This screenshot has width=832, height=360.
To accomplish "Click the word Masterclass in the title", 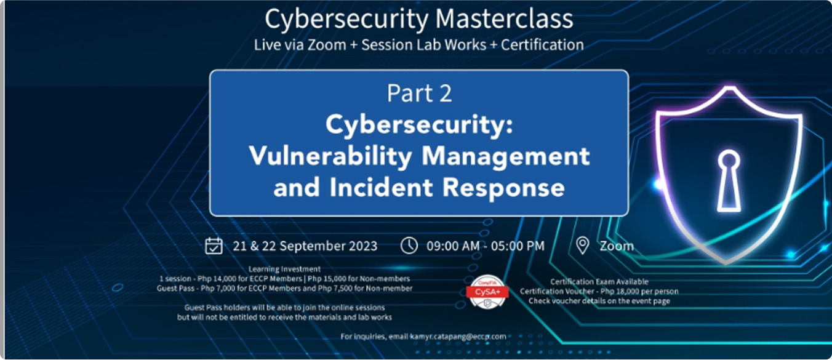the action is (x=504, y=18).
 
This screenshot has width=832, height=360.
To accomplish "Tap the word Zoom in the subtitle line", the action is (x=327, y=45).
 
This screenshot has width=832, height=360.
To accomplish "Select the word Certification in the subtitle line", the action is (x=542, y=45).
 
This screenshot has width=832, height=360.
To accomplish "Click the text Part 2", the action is (x=419, y=93).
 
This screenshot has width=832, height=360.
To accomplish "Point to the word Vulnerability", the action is (x=330, y=156).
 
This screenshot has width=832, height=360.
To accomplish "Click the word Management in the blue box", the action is (x=505, y=157).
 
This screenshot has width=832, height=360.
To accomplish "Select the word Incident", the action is (x=381, y=187).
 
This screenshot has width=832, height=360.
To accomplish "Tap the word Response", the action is (x=503, y=188).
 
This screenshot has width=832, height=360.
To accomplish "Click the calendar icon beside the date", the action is (x=214, y=246).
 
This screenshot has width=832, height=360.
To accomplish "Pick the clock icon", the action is (x=409, y=246).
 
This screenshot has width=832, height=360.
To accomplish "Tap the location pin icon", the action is (x=582, y=246).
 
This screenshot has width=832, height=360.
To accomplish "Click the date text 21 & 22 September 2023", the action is (x=305, y=246).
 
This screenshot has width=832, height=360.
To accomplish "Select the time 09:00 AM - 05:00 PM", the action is (x=486, y=246).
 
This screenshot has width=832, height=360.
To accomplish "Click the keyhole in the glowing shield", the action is (x=729, y=181).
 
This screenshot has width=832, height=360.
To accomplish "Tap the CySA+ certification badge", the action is (x=487, y=292).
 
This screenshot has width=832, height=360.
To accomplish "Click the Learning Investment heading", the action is (x=284, y=269).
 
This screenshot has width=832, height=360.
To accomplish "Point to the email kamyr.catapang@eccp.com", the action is (x=458, y=337).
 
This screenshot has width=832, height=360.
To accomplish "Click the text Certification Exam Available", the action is (x=599, y=282).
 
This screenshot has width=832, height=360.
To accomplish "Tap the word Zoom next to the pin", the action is (x=617, y=246).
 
